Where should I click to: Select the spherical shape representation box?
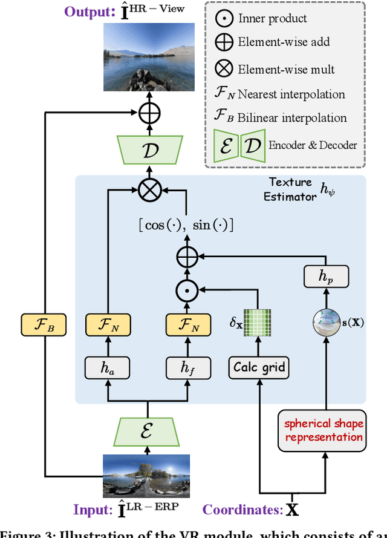[x=324, y=430]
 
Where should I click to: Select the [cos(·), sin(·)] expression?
[x=186, y=225]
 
